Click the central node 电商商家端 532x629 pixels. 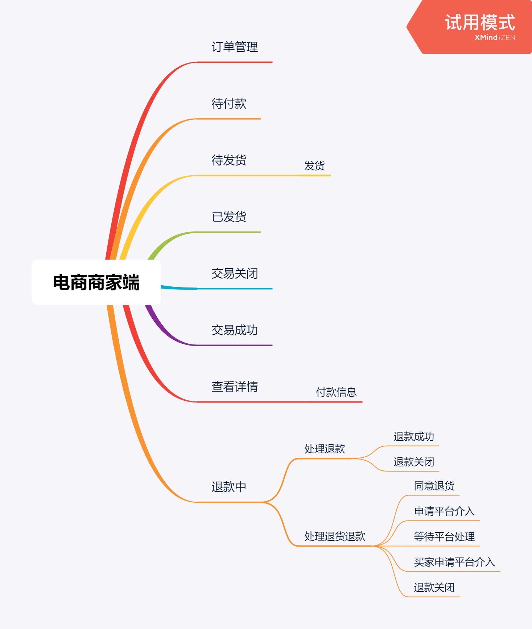(x=96, y=282)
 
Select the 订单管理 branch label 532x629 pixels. (x=235, y=47)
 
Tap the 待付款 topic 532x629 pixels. (x=229, y=104)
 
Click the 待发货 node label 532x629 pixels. (x=229, y=160)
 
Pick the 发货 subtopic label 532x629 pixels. (x=314, y=166)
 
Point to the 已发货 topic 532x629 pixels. (x=229, y=217)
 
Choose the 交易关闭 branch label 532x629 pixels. (x=235, y=273)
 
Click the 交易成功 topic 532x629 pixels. (x=235, y=330)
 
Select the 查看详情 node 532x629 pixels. (x=235, y=387)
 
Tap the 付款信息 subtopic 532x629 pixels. (x=336, y=392)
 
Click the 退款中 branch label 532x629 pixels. (x=229, y=487)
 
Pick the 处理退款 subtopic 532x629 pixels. (x=325, y=449)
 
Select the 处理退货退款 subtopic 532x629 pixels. (x=335, y=536)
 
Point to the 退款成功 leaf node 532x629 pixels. (x=414, y=437)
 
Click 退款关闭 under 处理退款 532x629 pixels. (x=414, y=462)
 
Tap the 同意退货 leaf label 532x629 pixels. (x=434, y=486)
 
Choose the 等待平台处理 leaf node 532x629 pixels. (x=444, y=537)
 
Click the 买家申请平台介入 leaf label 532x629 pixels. (x=454, y=562)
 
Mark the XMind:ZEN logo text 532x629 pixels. (x=495, y=37)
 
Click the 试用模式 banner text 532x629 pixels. (x=480, y=23)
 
